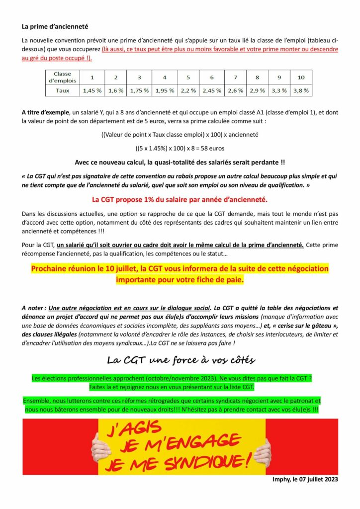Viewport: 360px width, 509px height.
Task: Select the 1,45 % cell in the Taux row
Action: click(92, 90)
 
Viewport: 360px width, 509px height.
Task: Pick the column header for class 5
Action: click(188, 77)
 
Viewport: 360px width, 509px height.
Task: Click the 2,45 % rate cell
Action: click(212, 90)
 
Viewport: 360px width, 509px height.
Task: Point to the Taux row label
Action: click(63, 90)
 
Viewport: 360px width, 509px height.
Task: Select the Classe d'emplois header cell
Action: click(63, 77)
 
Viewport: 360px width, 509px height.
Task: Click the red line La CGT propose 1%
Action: click(180, 200)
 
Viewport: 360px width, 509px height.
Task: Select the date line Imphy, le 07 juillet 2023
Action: click(305, 479)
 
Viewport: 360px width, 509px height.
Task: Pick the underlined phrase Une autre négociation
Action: click(82, 308)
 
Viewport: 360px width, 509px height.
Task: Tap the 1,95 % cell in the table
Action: click(165, 90)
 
